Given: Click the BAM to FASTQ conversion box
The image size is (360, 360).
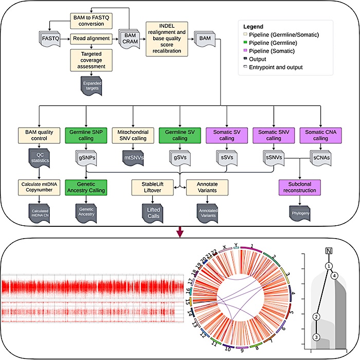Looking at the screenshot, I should [92, 20].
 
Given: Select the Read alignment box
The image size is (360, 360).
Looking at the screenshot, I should [92, 38].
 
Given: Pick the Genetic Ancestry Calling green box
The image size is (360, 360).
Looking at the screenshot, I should [86, 186].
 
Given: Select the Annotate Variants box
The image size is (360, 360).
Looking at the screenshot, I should [207, 186].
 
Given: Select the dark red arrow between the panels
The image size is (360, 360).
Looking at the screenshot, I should [179, 232].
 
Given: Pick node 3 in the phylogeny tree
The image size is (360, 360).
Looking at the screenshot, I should [317, 337].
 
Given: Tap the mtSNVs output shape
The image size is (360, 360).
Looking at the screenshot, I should [133, 156].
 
